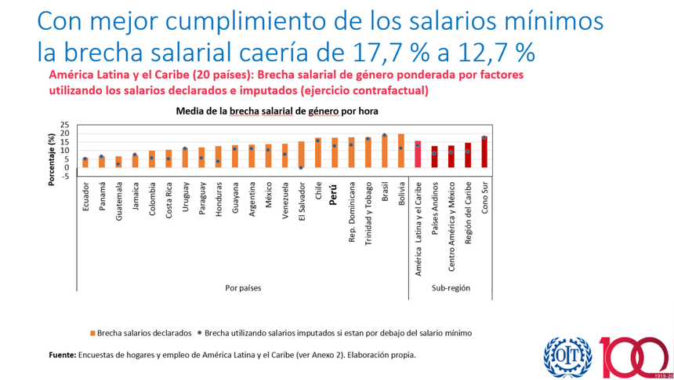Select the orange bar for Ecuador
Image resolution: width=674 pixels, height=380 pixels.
click(x=85, y=163)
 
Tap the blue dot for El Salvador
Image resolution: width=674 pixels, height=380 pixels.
click(x=301, y=167)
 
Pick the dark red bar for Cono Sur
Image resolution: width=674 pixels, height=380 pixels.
click(x=484, y=152)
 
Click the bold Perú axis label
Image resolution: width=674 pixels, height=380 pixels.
click(x=333, y=195)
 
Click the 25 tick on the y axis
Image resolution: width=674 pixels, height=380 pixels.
click(x=64, y=125)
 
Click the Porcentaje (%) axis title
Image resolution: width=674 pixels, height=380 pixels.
click(x=52, y=159)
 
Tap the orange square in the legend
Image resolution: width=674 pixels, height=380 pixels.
click(x=92, y=333)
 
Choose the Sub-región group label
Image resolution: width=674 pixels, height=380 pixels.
click(x=451, y=288)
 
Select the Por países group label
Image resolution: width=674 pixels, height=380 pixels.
click(x=243, y=288)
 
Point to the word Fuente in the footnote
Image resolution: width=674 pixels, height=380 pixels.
click(x=63, y=355)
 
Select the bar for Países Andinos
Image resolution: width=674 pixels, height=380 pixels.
click(x=434, y=156)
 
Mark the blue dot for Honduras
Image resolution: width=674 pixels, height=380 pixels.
click(x=217, y=162)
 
